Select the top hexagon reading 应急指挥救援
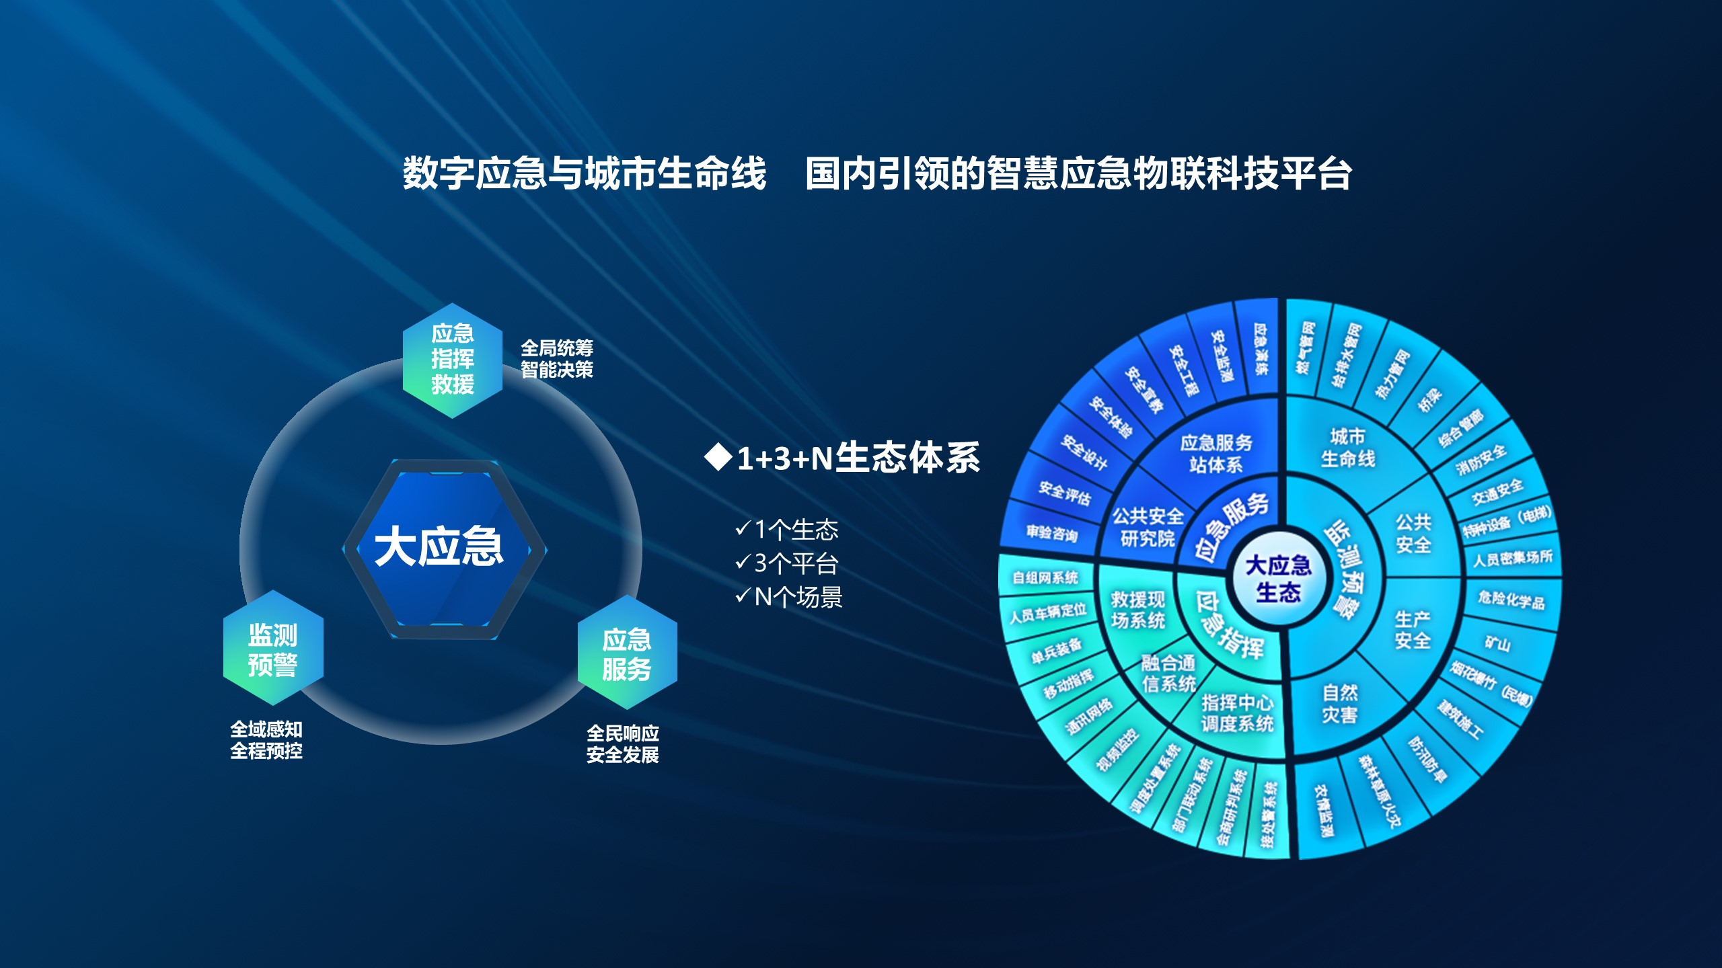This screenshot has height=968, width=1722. pos(453,360)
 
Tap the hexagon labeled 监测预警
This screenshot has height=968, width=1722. pos(272,649)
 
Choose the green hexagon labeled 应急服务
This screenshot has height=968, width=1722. pos(627,653)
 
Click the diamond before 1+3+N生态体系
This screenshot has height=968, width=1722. pos(718,458)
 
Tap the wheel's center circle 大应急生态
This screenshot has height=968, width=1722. pos(1278,578)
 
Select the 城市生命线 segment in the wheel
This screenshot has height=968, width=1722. pos(1348,448)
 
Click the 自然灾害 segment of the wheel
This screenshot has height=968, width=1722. pos(1340,703)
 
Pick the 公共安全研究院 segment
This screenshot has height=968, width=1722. pos(1148,527)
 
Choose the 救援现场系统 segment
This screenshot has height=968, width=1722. pos(1137,609)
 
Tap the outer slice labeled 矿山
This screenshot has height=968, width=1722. pos(1498,643)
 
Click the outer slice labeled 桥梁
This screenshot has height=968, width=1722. pos(1430,399)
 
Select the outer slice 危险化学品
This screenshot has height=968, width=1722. pos(1511,599)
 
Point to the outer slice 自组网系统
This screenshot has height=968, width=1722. pos(1045,577)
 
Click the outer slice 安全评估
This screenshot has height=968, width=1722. pos(1064,494)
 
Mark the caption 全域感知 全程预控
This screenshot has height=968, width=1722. pos(266,739)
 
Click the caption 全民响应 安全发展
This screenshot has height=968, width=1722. pos(622,743)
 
